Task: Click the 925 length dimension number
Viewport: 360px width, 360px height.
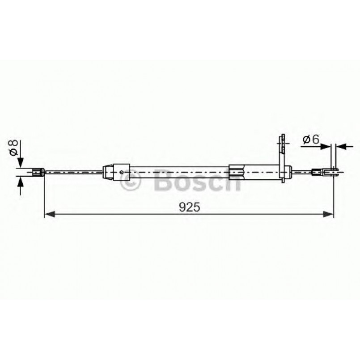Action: [x=189, y=207]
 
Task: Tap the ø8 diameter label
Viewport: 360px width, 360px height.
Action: [x=13, y=147]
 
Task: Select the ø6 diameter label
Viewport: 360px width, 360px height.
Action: [x=310, y=140]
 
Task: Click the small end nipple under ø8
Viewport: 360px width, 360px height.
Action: [x=38, y=171]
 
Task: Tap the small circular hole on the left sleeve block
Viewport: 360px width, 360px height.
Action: [x=122, y=171]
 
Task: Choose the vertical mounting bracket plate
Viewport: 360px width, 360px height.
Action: [x=282, y=159]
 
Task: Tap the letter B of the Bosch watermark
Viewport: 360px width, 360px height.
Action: [x=162, y=181]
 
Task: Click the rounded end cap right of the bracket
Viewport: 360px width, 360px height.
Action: [x=290, y=171]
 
